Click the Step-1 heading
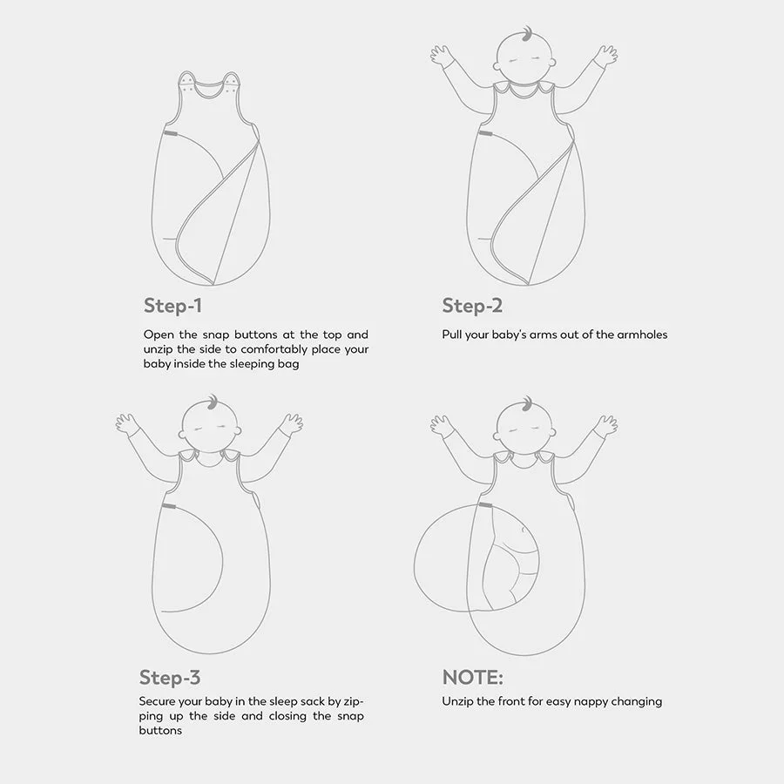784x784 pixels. click(x=172, y=306)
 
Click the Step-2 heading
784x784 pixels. click(x=472, y=306)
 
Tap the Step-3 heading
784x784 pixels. click(x=170, y=678)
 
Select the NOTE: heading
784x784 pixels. click(x=472, y=678)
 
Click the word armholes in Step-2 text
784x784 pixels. click(x=642, y=335)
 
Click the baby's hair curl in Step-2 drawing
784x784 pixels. click(x=526, y=34)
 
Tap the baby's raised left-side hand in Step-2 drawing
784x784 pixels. click(x=442, y=55)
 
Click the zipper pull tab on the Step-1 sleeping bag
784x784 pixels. click(x=171, y=133)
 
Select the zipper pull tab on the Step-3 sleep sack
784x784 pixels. click(x=169, y=507)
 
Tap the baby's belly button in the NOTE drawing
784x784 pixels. click(x=523, y=530)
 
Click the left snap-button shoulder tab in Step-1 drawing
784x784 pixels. click(x=187, y=83)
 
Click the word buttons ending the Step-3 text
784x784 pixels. click(x=160, y=731)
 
